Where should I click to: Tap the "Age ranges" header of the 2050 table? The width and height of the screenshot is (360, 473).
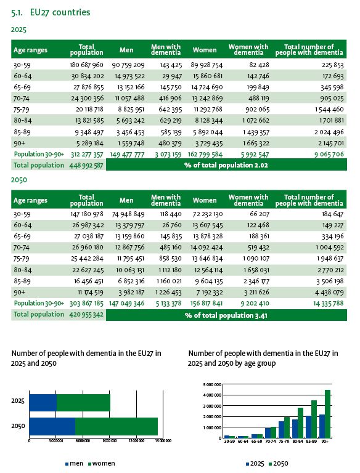[x=30, y=200]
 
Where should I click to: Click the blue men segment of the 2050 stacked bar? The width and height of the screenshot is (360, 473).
[x=52, y=426]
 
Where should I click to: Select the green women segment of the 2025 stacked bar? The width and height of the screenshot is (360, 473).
[x=83, y=402]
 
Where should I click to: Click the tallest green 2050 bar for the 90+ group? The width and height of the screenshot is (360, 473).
[x=328, y=413]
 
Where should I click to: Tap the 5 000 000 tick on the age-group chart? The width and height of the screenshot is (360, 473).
[x=211, y=384]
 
